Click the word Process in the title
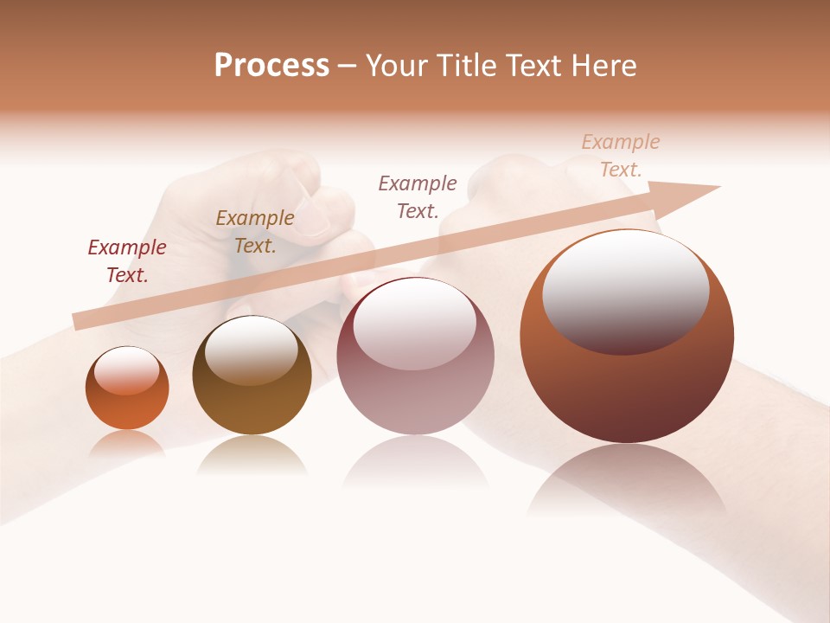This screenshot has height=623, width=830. point(271,66)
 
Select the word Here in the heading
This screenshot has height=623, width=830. point(603,66)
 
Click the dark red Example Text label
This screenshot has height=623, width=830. point(127,261)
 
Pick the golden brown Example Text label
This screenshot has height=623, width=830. point(255,232)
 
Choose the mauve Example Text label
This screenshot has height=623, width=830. point(418,196)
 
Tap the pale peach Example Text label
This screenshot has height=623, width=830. point(621,156)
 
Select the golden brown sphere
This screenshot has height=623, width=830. point(252,407)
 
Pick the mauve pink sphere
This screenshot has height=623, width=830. point(415,398)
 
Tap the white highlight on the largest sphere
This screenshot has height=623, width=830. point(626,290)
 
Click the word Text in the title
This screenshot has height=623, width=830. point(535,66)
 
